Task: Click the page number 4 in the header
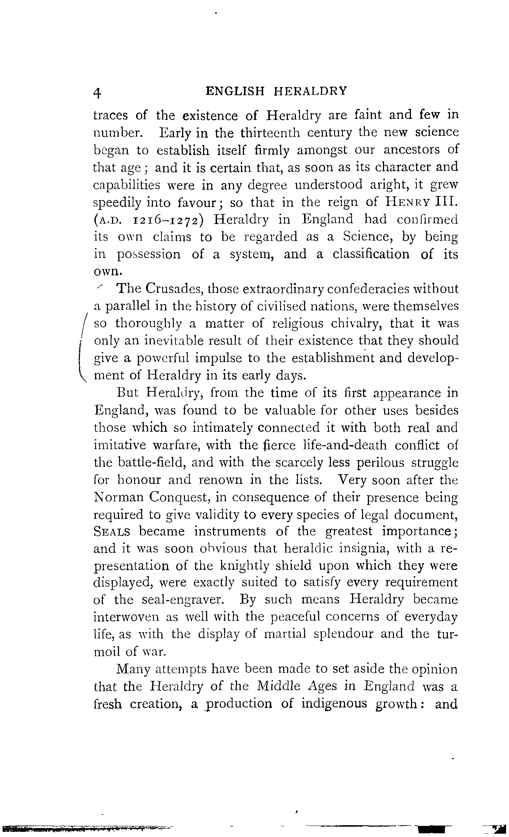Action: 97,92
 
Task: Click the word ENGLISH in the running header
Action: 235,91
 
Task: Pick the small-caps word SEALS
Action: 112,532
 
